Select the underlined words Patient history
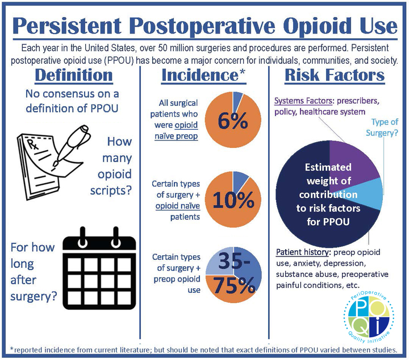click(x=303, y=253)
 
